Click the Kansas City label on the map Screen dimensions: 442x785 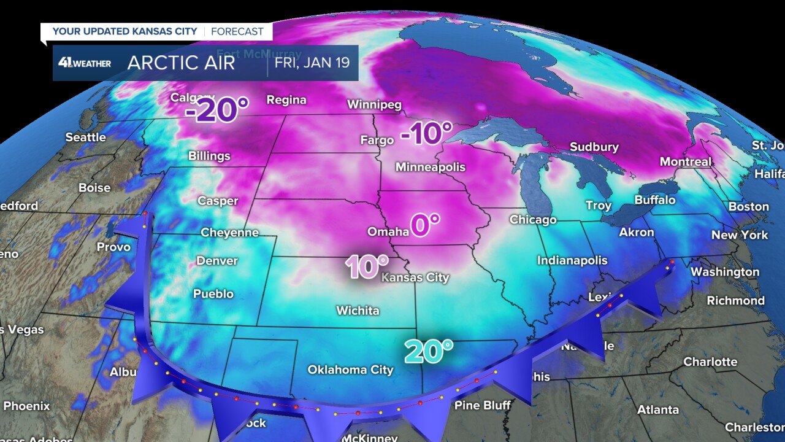[x=415, y=277]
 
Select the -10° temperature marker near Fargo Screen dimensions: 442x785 [x=426, y=134]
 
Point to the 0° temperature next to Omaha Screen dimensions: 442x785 [x=425, y=225]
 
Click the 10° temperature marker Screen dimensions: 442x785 [x=367, y=267]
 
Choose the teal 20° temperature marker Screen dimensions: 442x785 [x=428, y=351]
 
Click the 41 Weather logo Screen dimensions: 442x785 [x=85, y=63]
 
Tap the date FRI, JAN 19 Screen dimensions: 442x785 [x=313, y=63]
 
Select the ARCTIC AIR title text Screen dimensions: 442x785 [x=181, y=63]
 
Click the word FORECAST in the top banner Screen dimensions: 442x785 [x=237, y=31]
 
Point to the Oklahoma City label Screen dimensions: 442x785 [x=350, y=370]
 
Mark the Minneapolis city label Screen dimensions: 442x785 [x=430, y=167]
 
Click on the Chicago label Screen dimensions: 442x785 [x=532, y=220]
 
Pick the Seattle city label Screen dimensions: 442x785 [x=86, y=137]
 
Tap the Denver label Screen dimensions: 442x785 [x=216, y=261]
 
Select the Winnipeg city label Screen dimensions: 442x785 [x=374, y=104]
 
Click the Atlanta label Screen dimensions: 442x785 [x=657, y=409]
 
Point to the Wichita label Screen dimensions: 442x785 [x=358, y=311]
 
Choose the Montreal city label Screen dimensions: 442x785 [x=685, y=162]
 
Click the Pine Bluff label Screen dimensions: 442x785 [x=482, y=405]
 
